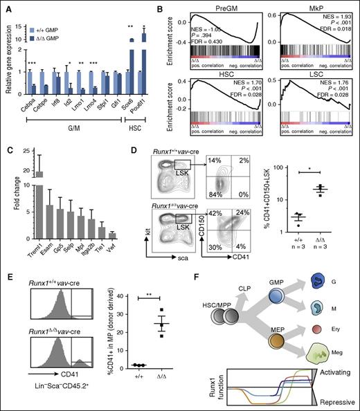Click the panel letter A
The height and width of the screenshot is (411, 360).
(7, 6)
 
